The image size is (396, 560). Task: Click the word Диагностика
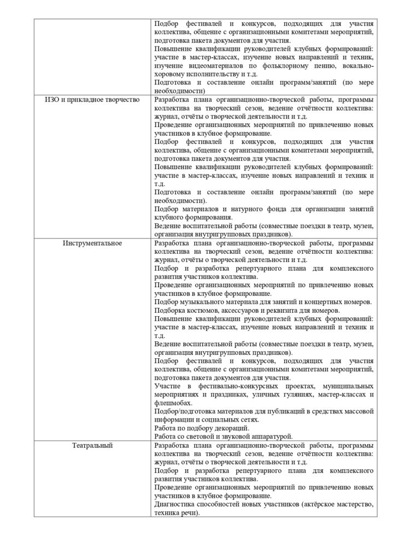(174, 504)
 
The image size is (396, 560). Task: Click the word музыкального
(203, 302)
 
